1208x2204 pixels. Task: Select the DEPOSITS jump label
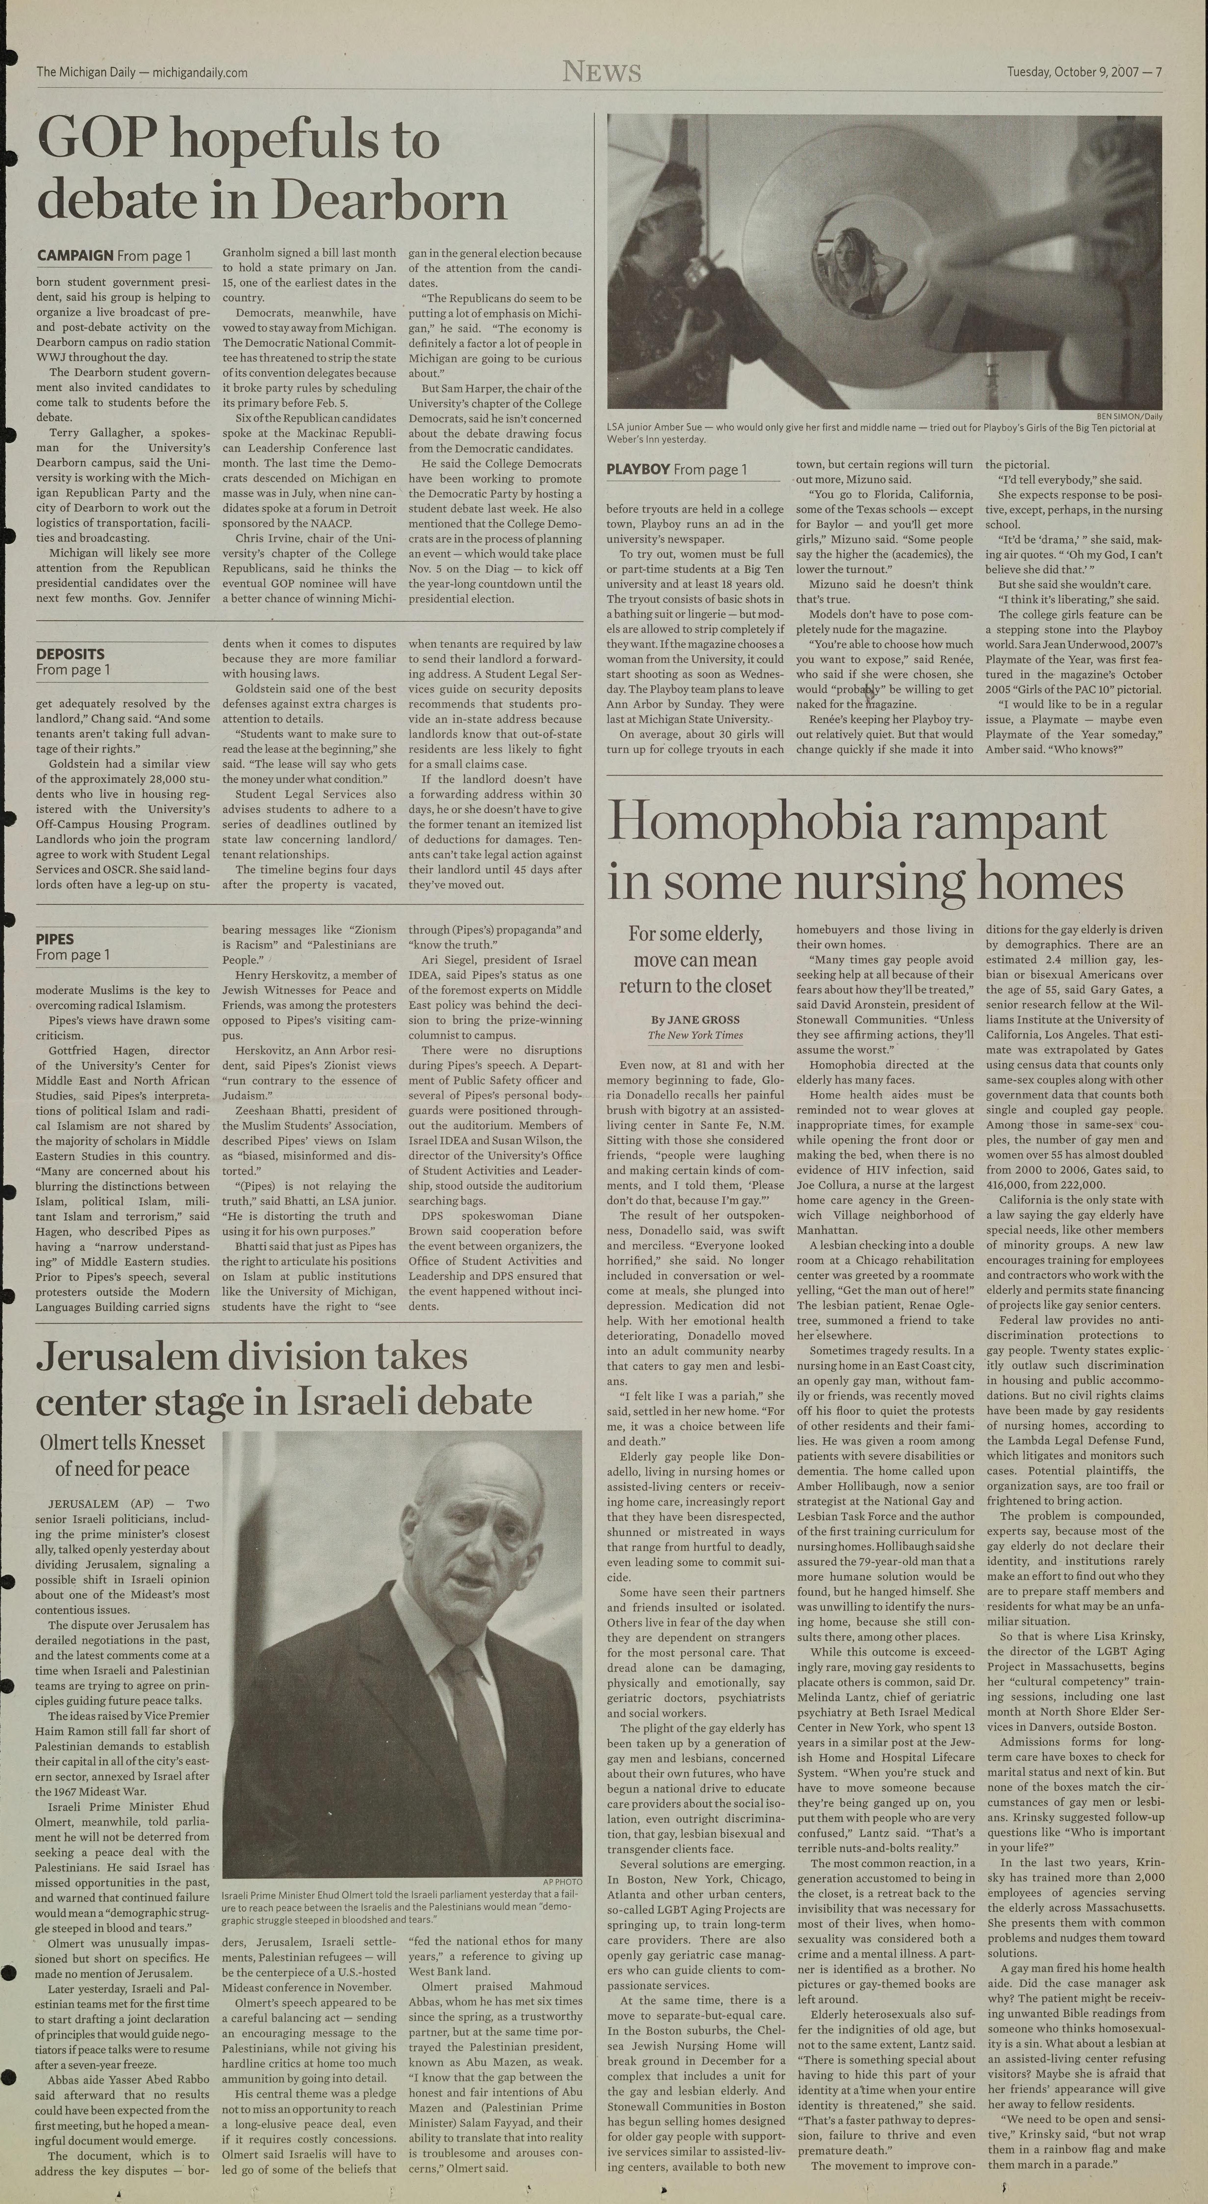70,654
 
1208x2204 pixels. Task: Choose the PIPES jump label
55,939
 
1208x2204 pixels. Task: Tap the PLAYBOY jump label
638,469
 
